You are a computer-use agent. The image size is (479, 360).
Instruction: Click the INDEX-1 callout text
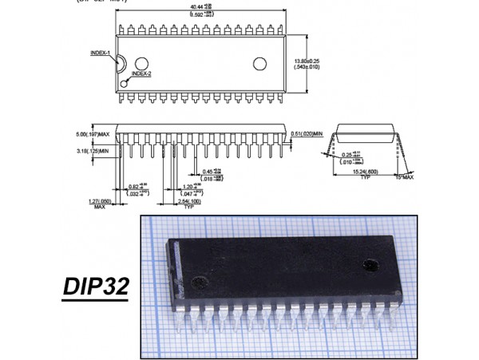[x=101, y=53]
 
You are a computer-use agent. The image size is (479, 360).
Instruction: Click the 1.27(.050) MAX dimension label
[x=100, y=204]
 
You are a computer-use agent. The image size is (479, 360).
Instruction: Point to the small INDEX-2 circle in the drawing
[x=124, y=78]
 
